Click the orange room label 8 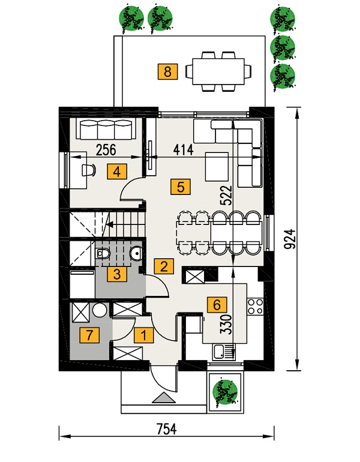[x=167, y=71]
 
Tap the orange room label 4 [x=117, y=172]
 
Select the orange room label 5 [x=181, y=187]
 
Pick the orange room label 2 [x=164, y=266]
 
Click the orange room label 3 [x=117, y=275]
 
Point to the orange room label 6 [x=217, y=304]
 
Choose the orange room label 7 [x=89, y=335]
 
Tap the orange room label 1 [x=144, y=335]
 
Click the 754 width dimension [x=166, y=429]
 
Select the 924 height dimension [x=290, y=239]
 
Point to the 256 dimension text [x=106, y=149]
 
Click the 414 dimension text [x=183, y=149]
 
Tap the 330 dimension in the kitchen [x=227, y=324]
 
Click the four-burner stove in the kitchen [x=255, y=307]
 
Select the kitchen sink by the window [x=224, y=353]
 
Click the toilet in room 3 [x=103, y=253]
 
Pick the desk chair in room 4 [x=88, y=170]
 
